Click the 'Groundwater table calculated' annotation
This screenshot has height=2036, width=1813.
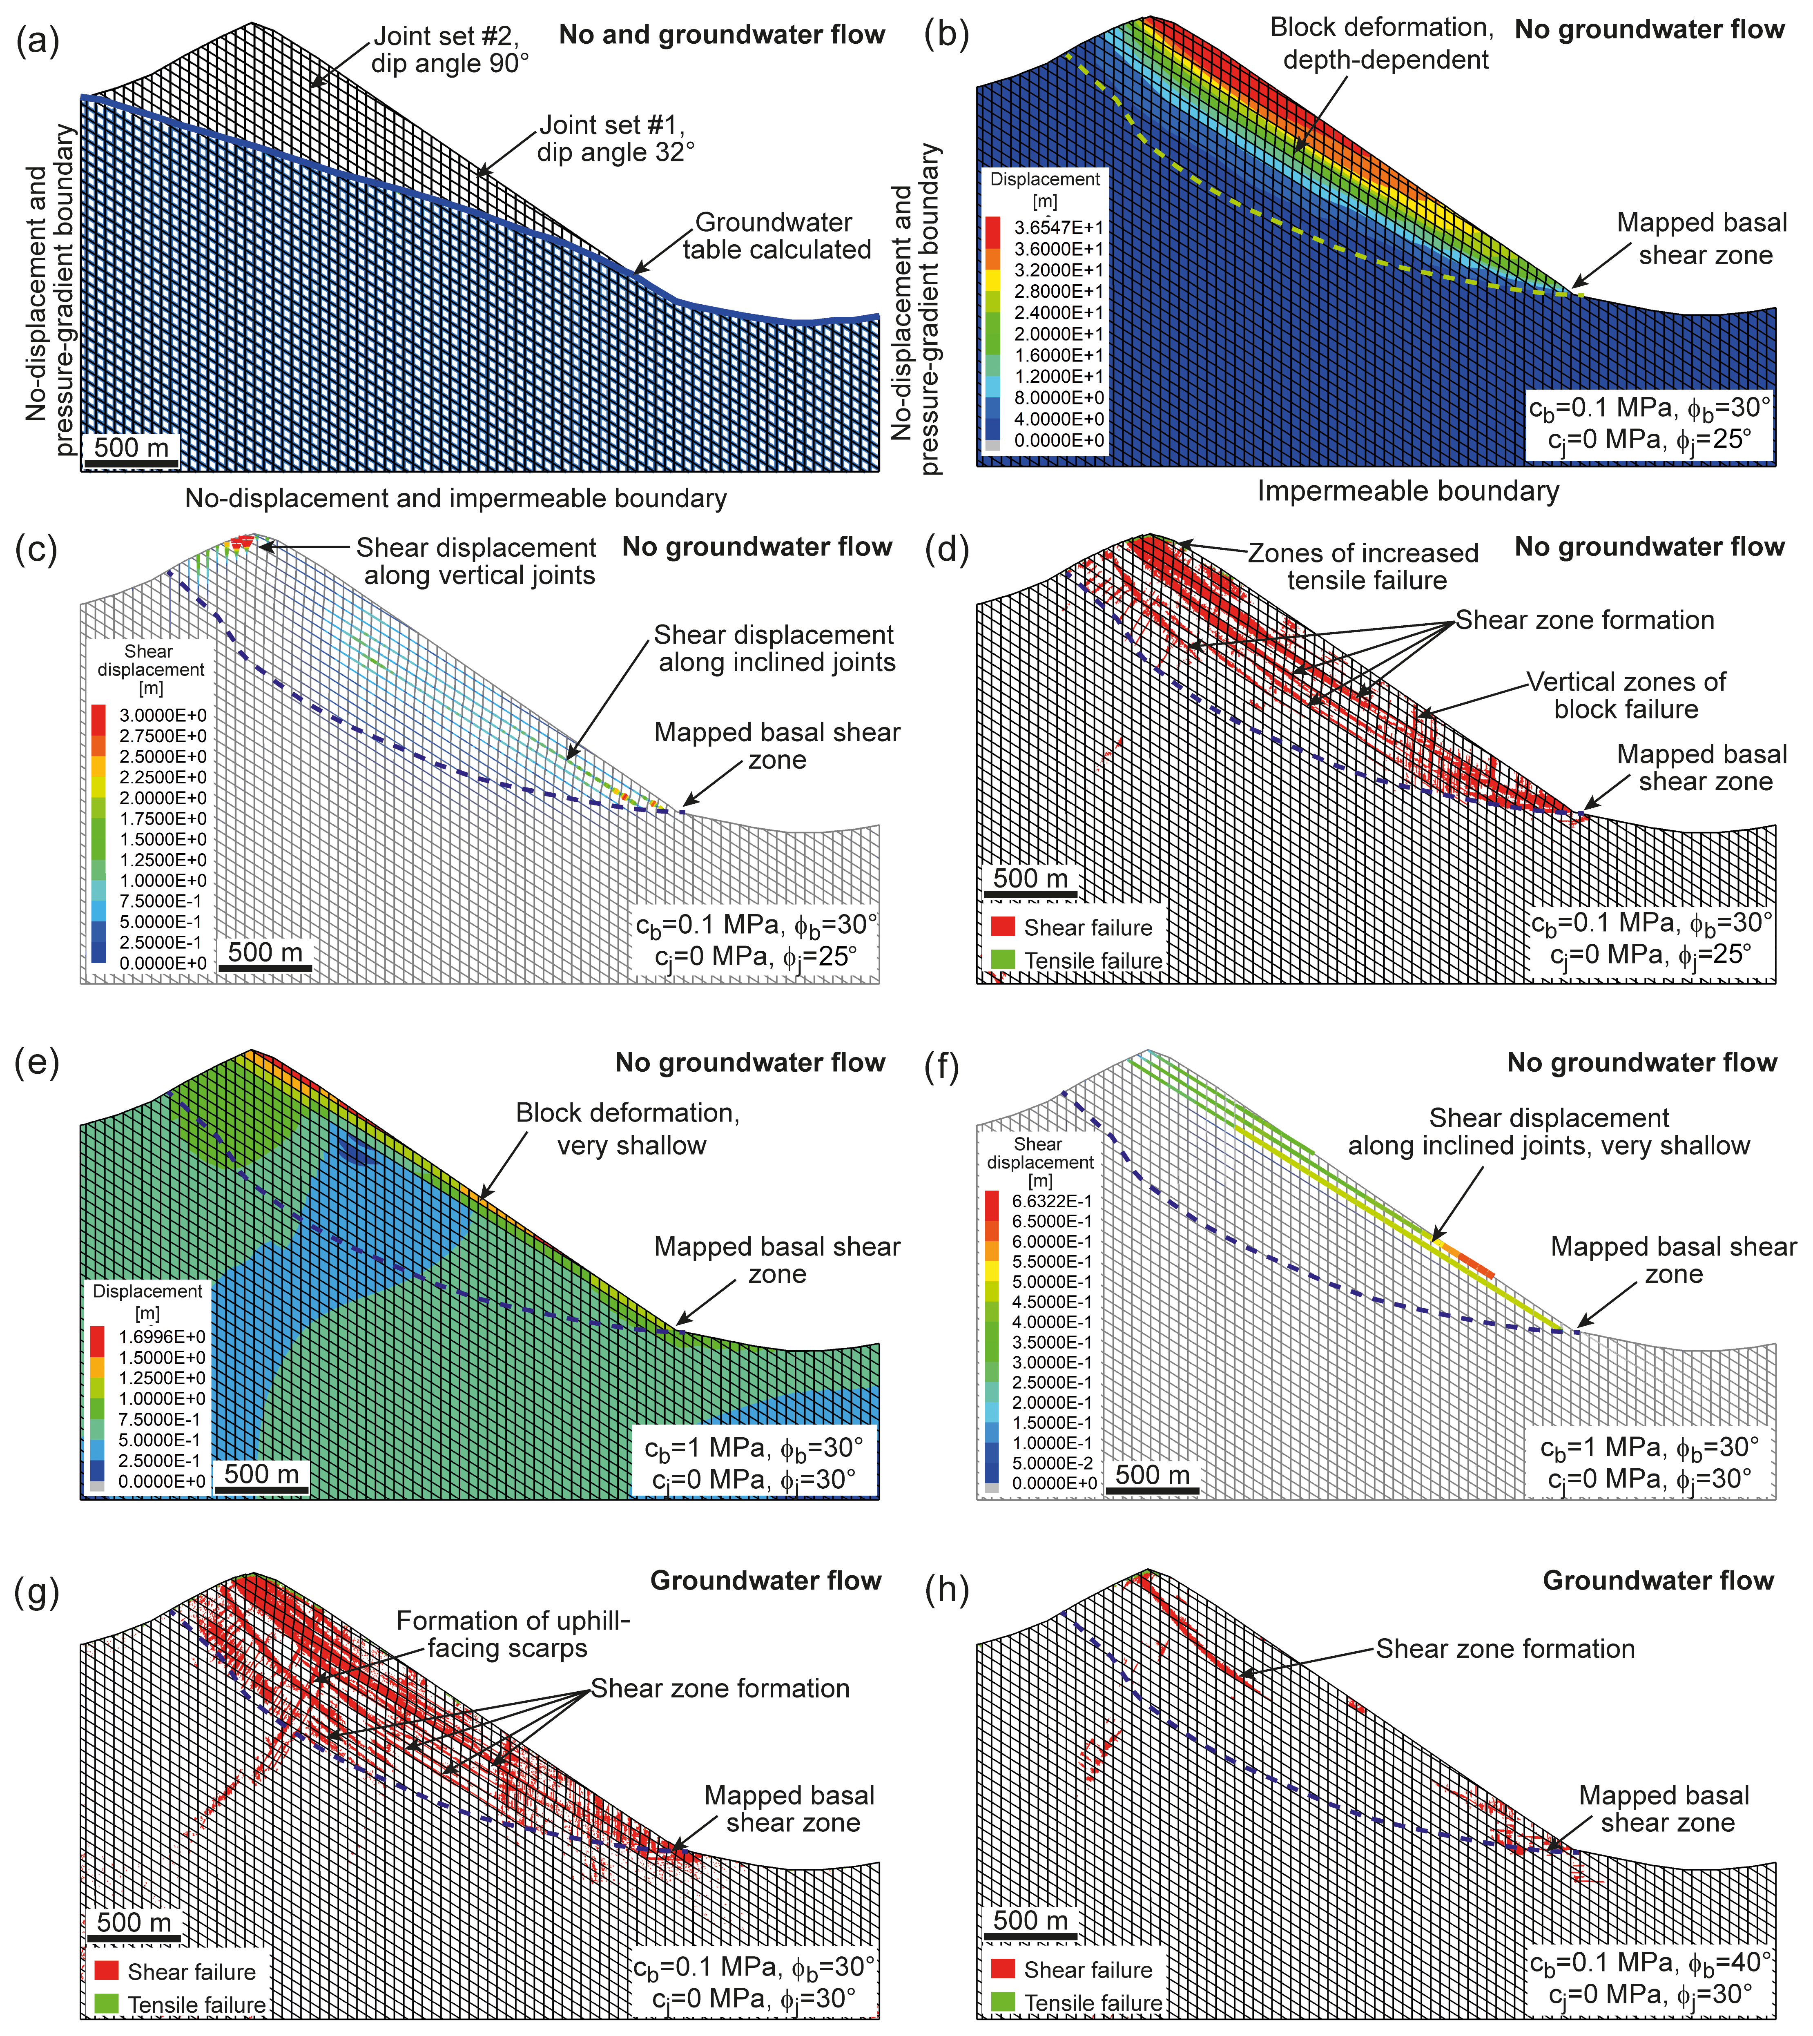pyautogui.click(x=776, y=236)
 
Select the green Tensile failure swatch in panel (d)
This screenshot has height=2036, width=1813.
pyautogui.click(x=1003, y=960)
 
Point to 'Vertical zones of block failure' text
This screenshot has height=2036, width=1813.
pyautogui.click(x=1626, y=695)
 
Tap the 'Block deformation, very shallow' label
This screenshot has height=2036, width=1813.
pyautogui.click(x=628, y=1128)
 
